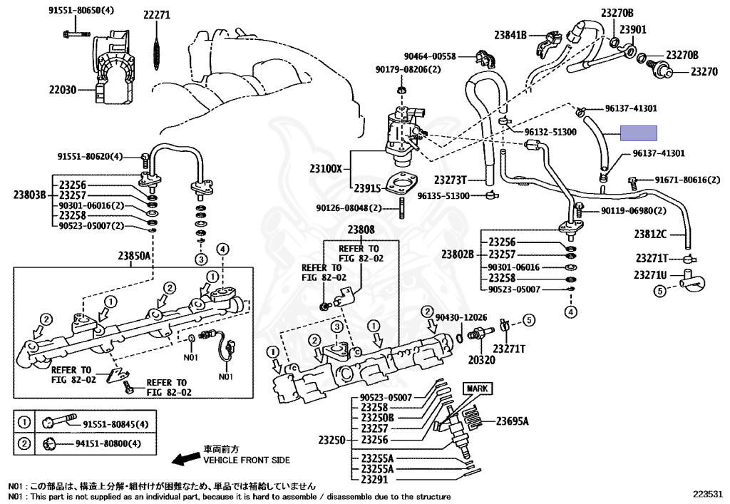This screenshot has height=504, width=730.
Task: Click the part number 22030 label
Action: [x=63, y=89]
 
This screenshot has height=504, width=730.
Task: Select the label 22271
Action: [x=157, y=15]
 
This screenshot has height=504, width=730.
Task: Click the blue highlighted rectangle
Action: [x=638, y=133]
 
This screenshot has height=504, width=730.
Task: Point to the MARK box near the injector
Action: [x=477, y=388]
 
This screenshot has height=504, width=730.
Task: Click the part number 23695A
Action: [x=512, y=421]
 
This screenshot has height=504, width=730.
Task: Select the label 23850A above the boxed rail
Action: [x=135, y=256]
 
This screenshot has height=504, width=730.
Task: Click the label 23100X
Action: [x=326, y=168]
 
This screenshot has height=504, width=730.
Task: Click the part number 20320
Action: [x=481, y=360]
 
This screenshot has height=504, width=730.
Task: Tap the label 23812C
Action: [x=650, y=234]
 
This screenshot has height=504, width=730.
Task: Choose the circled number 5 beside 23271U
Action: [x=659, y=292]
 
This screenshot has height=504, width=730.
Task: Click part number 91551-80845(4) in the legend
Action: [x=115, y=424]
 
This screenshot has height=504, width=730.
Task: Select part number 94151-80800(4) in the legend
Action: [x=108, y=443]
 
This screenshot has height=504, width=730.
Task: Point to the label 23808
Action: [x=361, y=230]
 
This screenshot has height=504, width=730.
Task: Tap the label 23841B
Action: [x=510, y=34]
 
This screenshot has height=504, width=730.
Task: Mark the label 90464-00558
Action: [x=430, y=56]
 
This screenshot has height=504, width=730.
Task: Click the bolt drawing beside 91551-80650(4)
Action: [x=76, y=34]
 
